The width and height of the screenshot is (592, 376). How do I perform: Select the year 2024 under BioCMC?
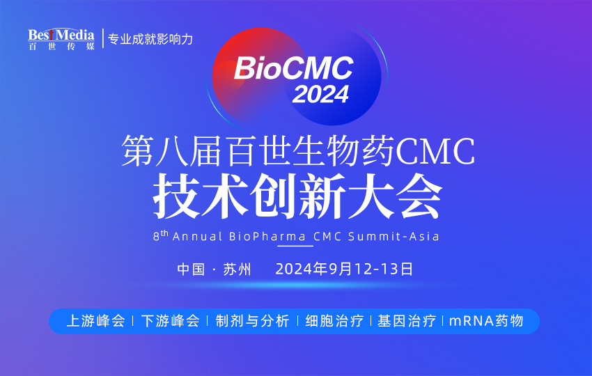320,93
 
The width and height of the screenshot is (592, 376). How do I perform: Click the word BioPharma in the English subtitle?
267,236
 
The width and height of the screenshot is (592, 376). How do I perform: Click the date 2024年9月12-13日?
345,269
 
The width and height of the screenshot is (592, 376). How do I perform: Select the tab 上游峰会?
95,321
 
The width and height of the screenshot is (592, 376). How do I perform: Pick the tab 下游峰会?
170,321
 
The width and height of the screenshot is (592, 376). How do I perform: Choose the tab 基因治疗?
407,321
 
